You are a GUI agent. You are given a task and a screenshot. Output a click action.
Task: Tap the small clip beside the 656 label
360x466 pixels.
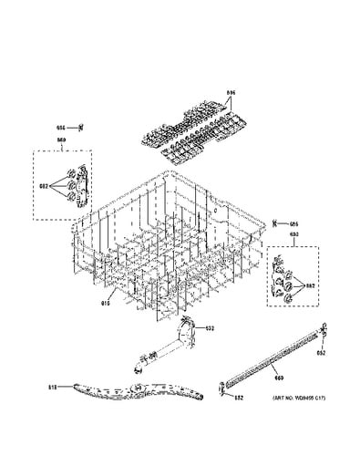click(81, 128)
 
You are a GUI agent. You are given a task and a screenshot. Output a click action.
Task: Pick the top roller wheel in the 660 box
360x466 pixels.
click(72, 174)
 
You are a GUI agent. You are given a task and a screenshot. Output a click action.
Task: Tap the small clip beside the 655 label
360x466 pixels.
click(275, 223)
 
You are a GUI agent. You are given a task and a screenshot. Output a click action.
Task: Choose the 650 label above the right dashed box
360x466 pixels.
click(294, 236)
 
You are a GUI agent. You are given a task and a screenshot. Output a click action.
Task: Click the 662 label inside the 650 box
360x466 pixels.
click(310, 287)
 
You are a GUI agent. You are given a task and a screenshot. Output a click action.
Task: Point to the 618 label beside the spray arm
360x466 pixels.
click(52, 388)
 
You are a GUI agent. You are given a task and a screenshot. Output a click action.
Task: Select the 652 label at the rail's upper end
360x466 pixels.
click(318, 352)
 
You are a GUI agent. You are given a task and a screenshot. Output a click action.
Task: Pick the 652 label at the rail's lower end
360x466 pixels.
click(238, 398)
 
